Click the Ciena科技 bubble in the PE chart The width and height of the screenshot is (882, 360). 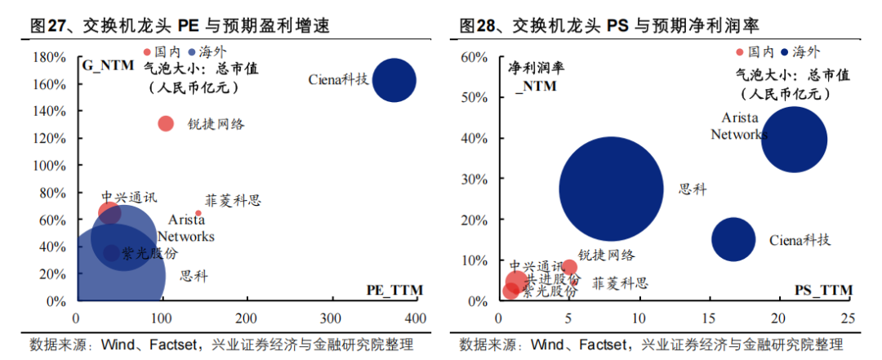tap(394, 81)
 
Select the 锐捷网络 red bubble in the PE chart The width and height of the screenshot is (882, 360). tap(165, 123)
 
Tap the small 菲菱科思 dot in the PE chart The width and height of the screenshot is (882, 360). tap(198, 213)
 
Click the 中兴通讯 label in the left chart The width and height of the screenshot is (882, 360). tap(129, 197)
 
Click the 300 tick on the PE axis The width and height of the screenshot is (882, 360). tap(332, 318)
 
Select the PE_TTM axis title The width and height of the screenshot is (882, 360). tap(395, 290)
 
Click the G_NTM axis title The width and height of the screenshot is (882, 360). tap(108, 65)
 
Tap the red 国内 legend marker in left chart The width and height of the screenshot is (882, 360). tap(147, 51)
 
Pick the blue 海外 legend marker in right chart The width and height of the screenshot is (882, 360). tap(784, 52)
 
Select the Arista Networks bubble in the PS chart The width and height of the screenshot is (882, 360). tap(794, 140)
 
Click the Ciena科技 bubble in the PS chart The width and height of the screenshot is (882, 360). tap(733, 239)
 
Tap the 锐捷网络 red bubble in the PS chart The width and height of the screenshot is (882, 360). tap(569, 267)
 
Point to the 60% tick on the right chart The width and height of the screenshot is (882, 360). tap(475, 57)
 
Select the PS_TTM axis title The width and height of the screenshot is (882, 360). tap(824, 290)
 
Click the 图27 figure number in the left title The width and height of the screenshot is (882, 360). tap(47, 25)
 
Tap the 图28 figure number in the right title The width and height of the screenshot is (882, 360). tap(476, 25)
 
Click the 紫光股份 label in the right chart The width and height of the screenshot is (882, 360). tap(549, 292)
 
